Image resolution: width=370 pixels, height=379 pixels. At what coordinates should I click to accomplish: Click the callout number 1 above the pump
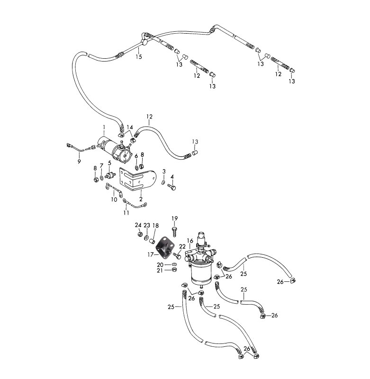tap(103, 126)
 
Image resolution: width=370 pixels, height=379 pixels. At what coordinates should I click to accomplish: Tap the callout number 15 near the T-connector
tap(139, 57)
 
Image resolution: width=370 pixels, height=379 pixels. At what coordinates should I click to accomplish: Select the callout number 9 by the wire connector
tap(79, 162)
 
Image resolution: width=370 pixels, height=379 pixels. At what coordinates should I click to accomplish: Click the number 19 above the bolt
tap(174, 218)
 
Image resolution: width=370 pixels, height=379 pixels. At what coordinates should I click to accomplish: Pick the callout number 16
tap(190, 241)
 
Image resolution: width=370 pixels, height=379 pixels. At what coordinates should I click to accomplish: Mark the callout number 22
tap(182, 246)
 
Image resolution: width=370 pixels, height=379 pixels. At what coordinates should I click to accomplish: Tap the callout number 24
tap(138, 225)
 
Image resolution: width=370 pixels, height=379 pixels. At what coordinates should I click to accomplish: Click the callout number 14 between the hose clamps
tap(130, 127)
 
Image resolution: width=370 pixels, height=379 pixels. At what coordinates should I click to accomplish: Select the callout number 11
tap(126, 213)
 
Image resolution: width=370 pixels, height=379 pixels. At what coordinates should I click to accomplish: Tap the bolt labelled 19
tap(175, 231)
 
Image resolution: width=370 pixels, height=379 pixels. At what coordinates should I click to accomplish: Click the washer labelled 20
tap(174, 264)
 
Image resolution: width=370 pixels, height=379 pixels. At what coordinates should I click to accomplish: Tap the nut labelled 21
tap(174, 270)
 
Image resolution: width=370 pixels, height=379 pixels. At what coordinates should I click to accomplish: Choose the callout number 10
tap(114, 199)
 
